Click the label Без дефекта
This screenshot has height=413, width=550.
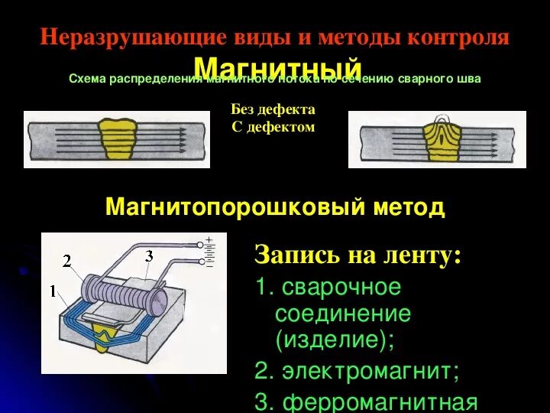(273, 109)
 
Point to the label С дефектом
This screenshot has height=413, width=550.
(273, 127)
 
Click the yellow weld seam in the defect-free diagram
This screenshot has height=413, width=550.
(117, 138)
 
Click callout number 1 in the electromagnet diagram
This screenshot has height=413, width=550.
(53, 291)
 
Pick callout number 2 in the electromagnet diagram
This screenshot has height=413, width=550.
(67, 262)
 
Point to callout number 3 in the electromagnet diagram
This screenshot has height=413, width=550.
(150, 255)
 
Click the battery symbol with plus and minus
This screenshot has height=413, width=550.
(209, 252)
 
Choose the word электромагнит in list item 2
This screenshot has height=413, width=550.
(367, 372)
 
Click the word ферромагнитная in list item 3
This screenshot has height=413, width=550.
(379, 402)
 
